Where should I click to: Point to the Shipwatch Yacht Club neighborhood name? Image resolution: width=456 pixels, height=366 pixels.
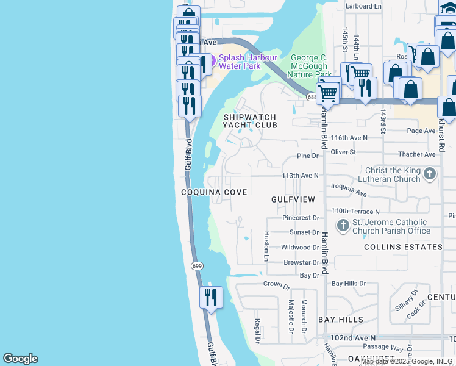[x=250, y=121]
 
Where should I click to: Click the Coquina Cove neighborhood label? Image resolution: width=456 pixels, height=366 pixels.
[x=214, y=192]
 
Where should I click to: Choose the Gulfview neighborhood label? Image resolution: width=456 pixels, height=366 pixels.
[x=293, y=199]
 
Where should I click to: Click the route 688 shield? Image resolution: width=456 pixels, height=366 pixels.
[x=312, y=96]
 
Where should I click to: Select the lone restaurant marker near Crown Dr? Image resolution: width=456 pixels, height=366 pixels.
[x=211, y=298]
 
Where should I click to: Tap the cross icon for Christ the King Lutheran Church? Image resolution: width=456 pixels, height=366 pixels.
[x=430, y=174]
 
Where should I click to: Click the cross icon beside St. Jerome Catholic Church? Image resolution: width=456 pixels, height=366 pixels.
[x=343, y=226]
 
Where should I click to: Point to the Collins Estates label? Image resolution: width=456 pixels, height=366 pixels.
[x=403, y=247]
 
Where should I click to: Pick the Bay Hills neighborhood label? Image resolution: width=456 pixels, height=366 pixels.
[x=341, y=320]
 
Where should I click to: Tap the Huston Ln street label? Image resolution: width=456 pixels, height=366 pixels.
[x=266, y=246]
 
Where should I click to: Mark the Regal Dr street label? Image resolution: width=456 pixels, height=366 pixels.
[x=258, y=330]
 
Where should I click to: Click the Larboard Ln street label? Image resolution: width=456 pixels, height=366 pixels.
[x=363, y=6]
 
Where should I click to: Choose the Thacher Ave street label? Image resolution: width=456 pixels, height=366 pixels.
[x=416, y=155]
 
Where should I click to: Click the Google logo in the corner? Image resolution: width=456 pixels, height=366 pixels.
[x=20, y=359]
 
